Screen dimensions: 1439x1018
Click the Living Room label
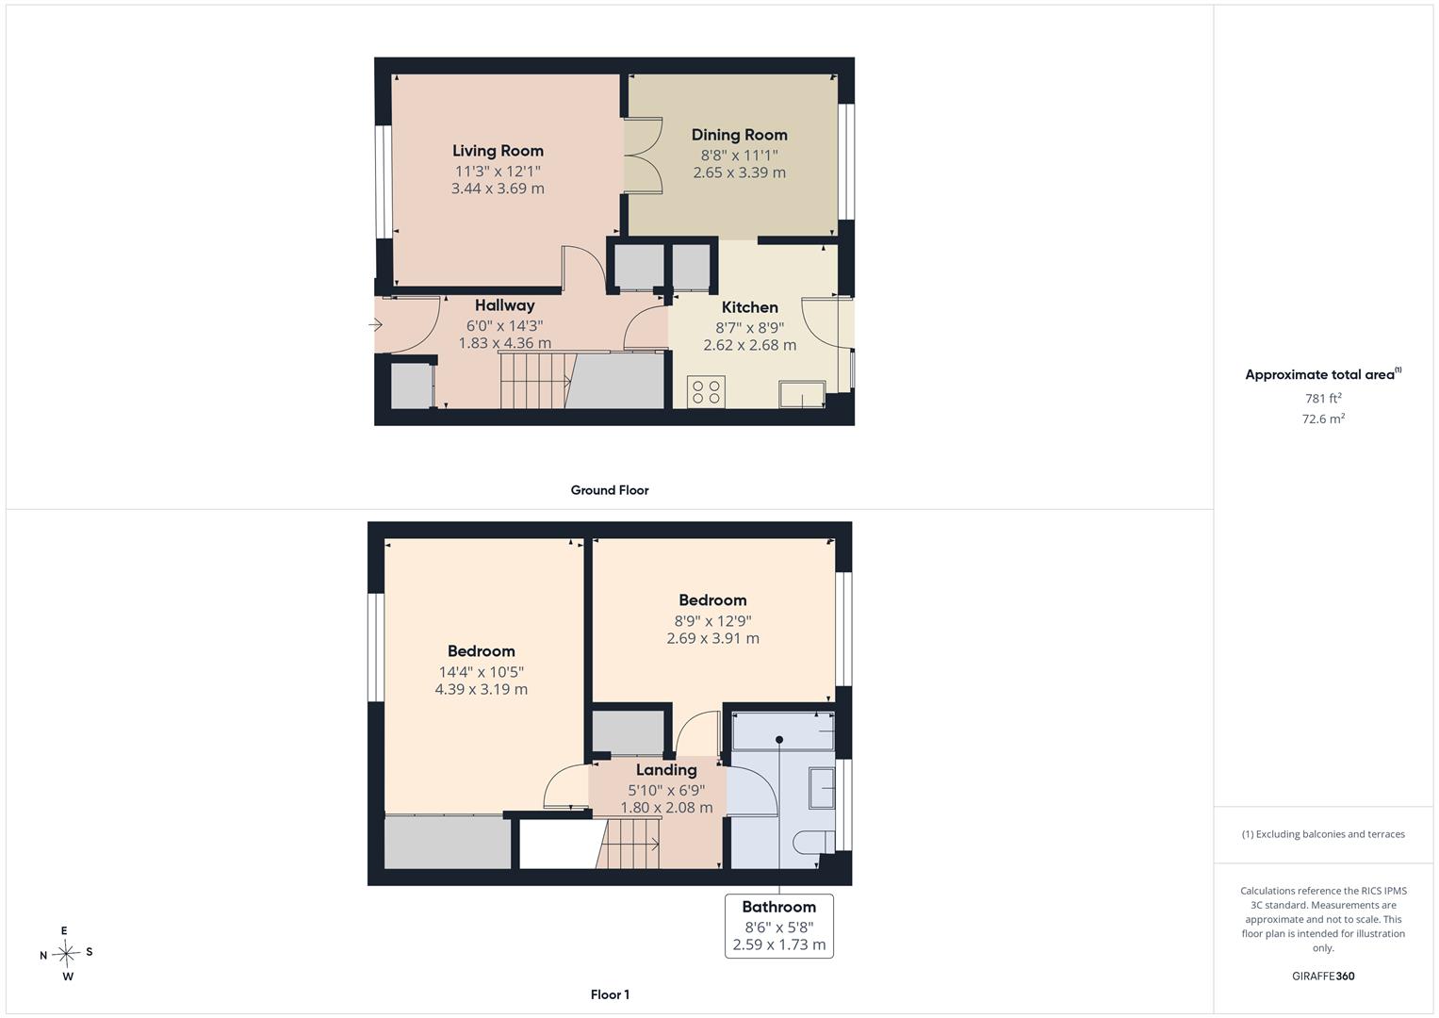498,151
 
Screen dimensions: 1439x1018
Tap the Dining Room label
740,135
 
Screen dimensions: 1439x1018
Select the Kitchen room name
750,307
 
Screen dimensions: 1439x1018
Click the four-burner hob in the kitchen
706,392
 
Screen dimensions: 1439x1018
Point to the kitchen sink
802,394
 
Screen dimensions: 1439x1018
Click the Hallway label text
505,305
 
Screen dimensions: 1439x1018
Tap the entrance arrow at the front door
376,325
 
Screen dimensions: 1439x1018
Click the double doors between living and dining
643,156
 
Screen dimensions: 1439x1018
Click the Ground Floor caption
610,490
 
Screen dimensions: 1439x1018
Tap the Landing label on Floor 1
666,770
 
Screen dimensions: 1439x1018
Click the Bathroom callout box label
779,907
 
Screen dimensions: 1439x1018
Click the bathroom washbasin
822,787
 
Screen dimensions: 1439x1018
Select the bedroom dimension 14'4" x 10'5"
482,672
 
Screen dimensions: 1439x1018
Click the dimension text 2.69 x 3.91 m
713,638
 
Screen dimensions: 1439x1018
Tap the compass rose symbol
66,954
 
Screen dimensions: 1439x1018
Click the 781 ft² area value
1323,398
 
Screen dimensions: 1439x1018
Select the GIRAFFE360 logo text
1323,976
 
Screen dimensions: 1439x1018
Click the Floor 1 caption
611,994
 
